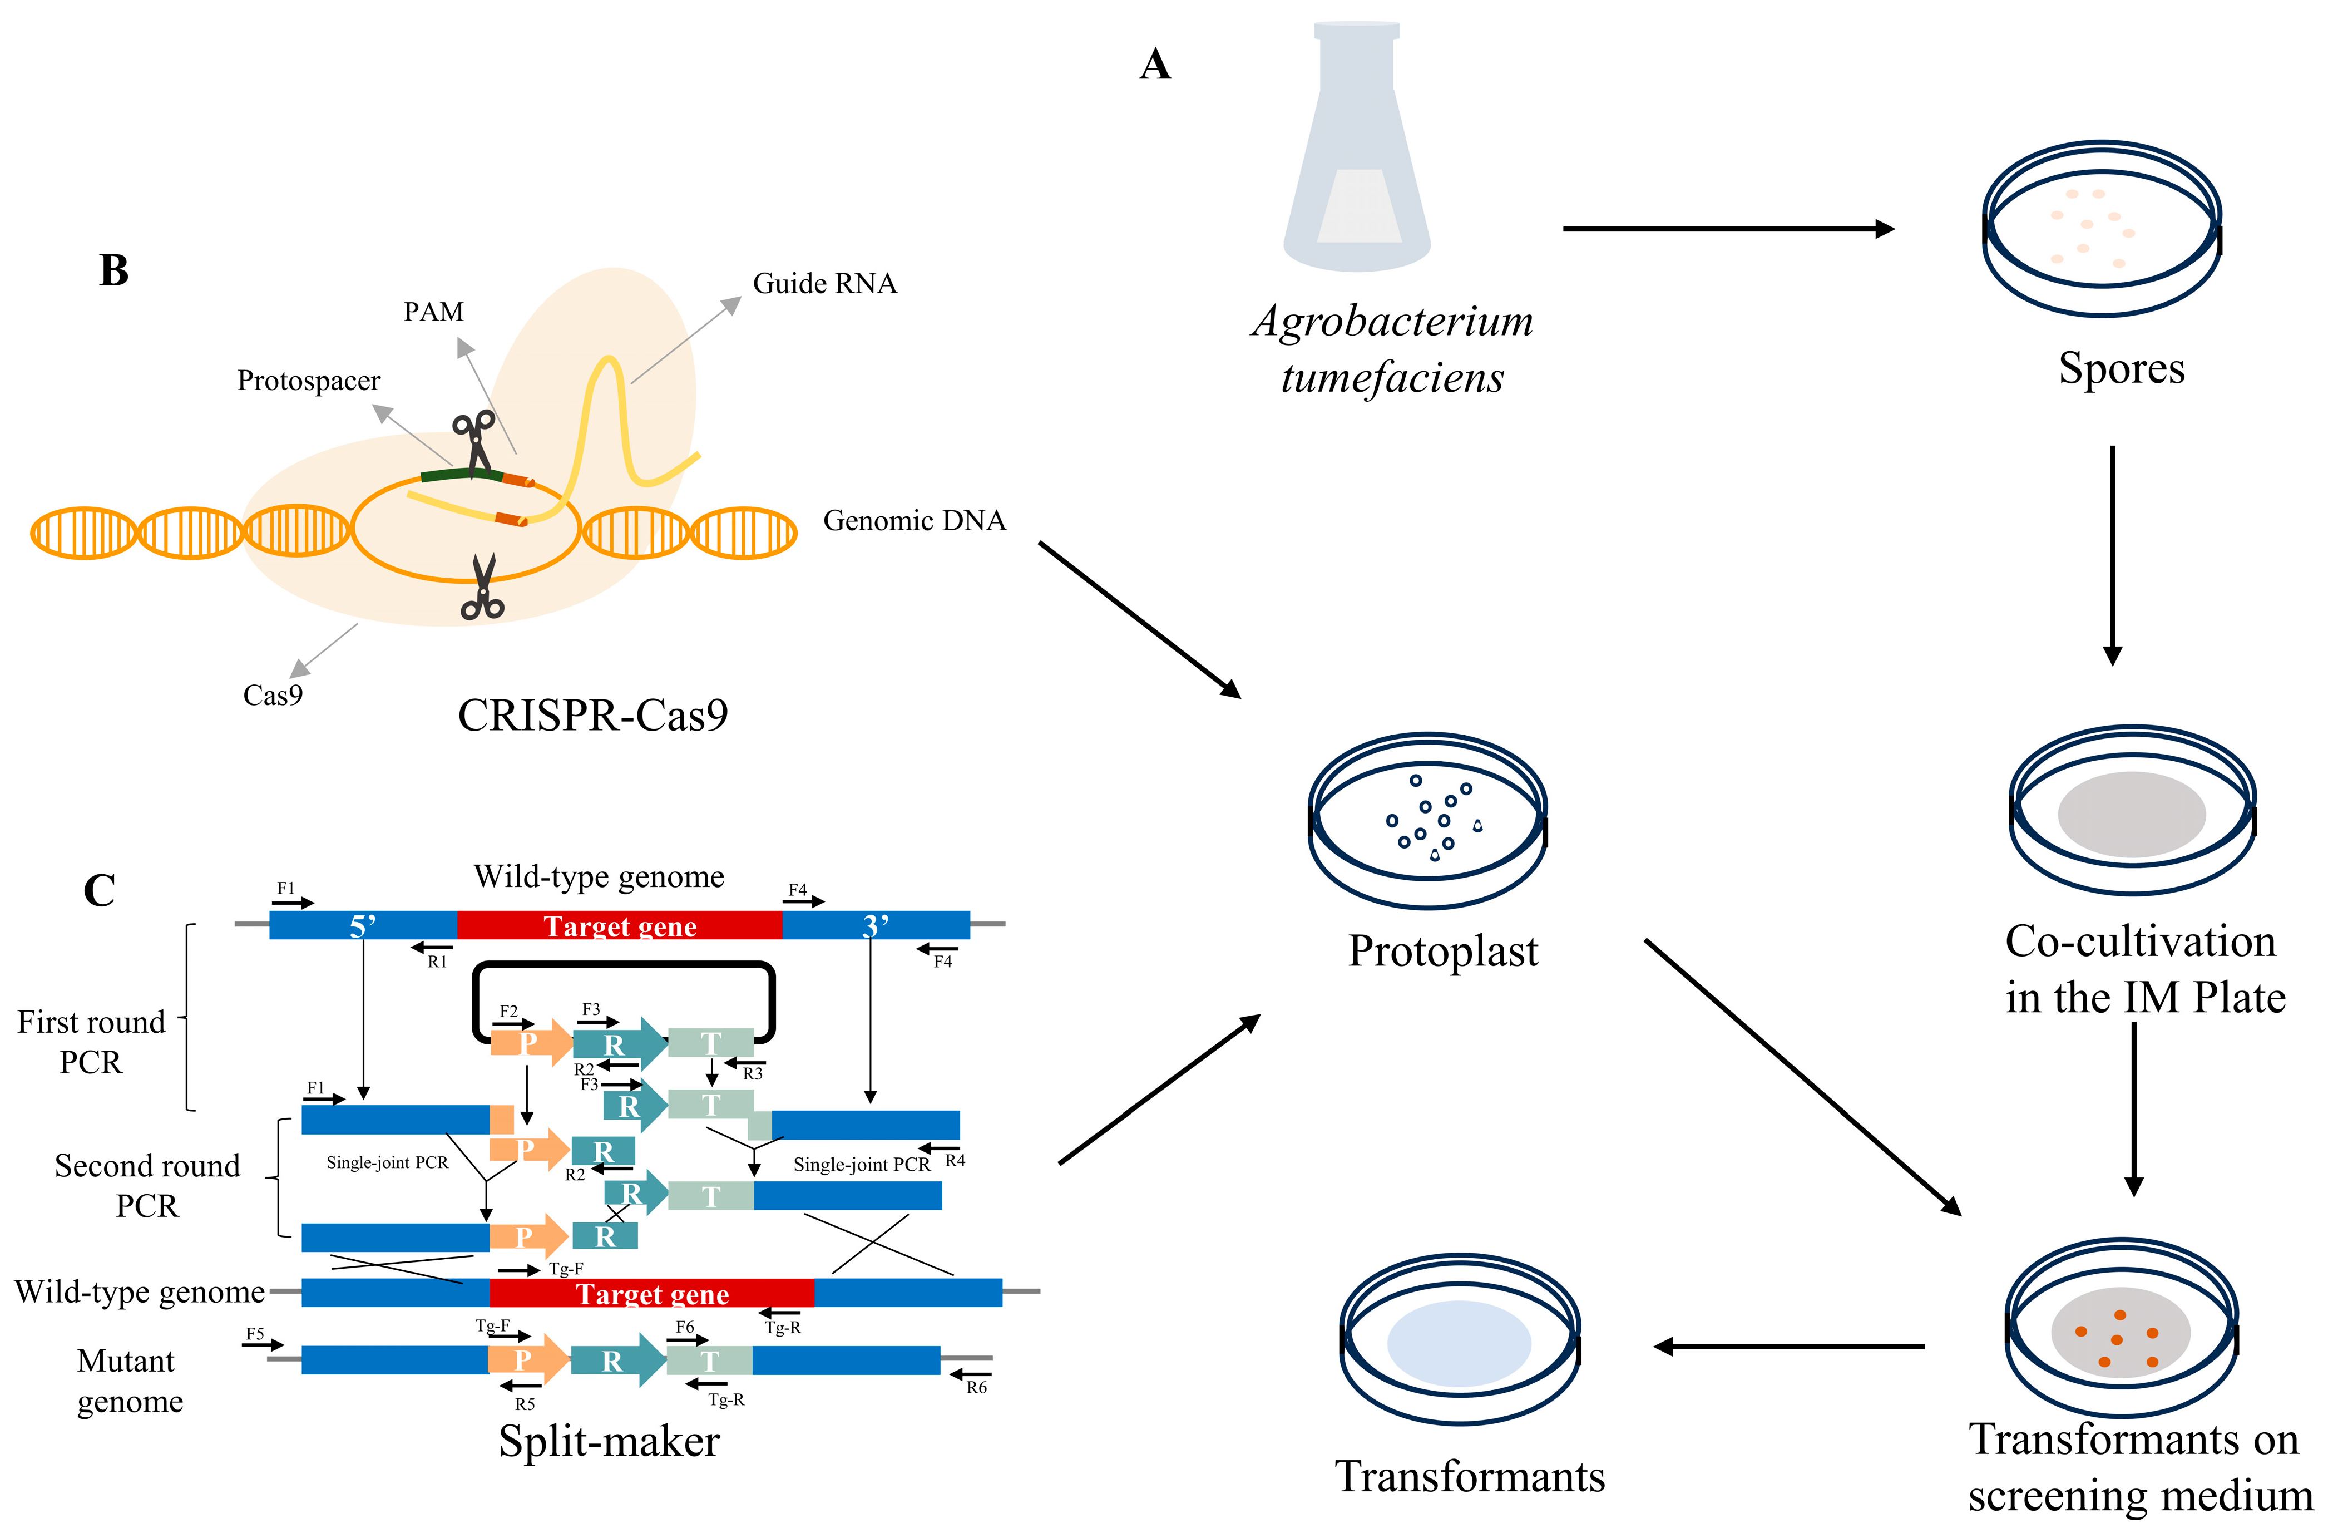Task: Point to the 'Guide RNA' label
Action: tap(824, 283)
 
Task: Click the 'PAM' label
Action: tap(433, 312)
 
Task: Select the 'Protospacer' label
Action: tap(308, 381)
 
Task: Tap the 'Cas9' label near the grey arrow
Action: tap(273, 696)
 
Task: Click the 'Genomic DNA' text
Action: tap(914, 521)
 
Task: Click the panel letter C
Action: tap(99, 891)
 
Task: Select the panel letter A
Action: tap(1155, 65)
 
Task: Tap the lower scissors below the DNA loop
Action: tap(482, 589)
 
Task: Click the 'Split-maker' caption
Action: tap(609, 1441)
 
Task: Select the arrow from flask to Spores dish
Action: tap(1727, 229)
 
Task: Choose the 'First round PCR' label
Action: tap(91, 1042)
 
